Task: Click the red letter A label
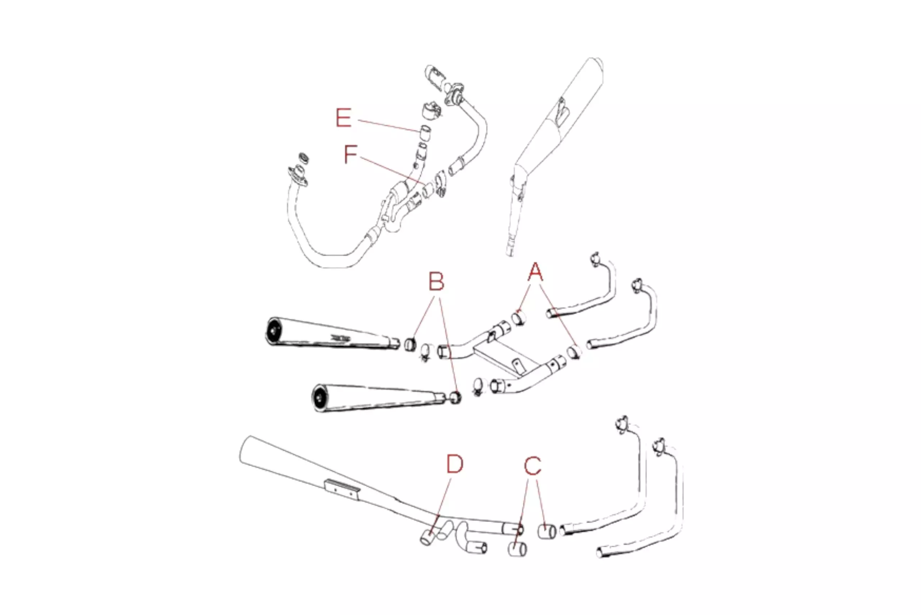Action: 535,272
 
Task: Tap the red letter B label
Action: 436,282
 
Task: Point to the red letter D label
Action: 455,464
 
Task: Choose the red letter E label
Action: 344,118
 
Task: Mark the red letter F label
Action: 350,154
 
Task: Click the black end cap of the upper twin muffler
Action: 274,331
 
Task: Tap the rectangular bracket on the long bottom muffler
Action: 341,490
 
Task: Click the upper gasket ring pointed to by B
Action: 410,344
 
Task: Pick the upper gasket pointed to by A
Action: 519,318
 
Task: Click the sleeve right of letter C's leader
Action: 546,532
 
